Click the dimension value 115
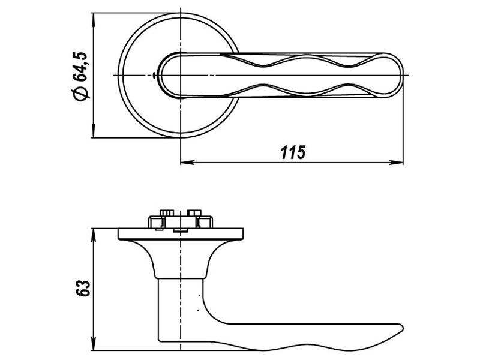click(293, 152)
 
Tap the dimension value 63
click(83, 288)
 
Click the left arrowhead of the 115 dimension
click(187, 163)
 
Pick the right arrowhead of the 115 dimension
click(396, 163)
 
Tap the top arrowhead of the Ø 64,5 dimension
click(94, 20)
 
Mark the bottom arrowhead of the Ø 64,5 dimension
click(94, 131)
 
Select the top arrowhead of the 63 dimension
click(94, 235)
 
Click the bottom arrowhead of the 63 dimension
click(94, 343)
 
